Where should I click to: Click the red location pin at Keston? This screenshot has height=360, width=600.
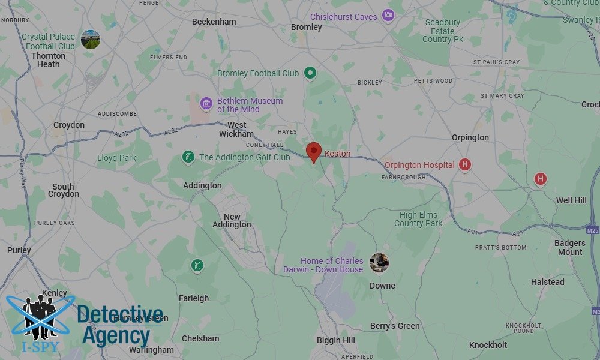(x=313, y=152)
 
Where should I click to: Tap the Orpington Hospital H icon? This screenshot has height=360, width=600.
(x=464, y=165)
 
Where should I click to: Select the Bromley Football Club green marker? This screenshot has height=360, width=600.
(x=310, y=73)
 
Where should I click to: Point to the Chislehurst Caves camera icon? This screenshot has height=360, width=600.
(x=388, y=15)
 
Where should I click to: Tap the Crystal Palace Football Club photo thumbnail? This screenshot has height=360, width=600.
(x=91, y=40)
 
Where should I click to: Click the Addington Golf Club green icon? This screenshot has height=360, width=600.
(x=188, y=157)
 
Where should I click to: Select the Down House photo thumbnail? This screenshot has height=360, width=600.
(x=379, y=262)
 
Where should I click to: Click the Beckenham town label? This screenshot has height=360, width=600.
(x=214, y=22)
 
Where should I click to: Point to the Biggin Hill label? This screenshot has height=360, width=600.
(x=335, y=340)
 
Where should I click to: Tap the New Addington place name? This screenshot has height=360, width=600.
(x=232, y=221)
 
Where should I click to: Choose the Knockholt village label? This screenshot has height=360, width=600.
(x=488, y=345)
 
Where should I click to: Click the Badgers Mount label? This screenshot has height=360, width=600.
(x=569, y=247)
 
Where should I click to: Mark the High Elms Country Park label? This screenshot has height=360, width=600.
(x=418, y=219)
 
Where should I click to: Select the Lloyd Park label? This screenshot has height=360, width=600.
(x=116, y=158)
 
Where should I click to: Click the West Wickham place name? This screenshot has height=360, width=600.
(x=236, y=130)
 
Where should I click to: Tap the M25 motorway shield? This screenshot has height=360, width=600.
(x=593, y=229)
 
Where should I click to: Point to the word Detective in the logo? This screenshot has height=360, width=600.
(x=120, y=315)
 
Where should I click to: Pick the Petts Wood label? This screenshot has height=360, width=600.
(x=433, y=80)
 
